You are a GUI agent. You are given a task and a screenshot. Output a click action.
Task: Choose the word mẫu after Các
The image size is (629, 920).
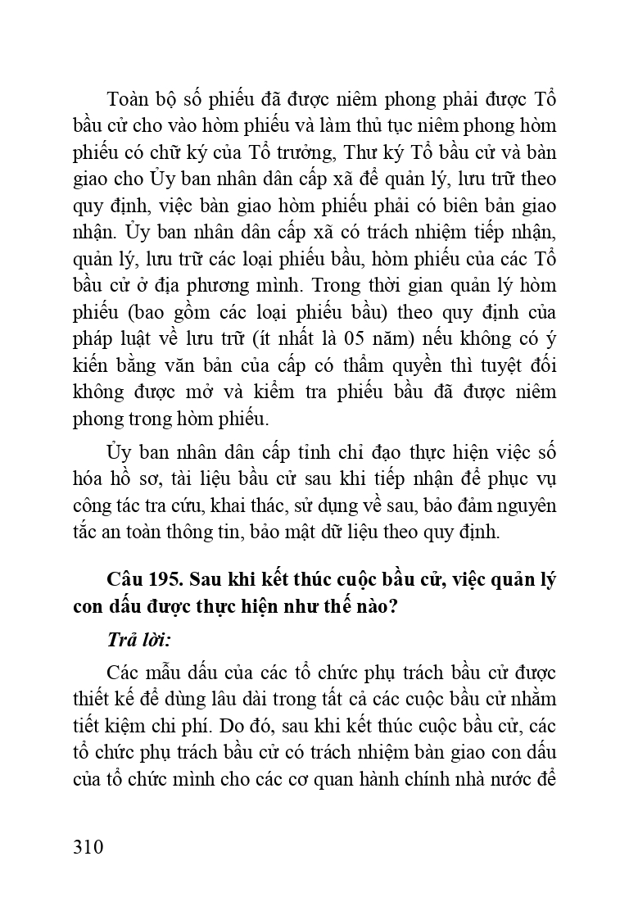click(x=166, y=673)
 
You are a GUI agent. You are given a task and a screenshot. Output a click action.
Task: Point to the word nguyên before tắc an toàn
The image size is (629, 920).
click(x=527, y=506)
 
